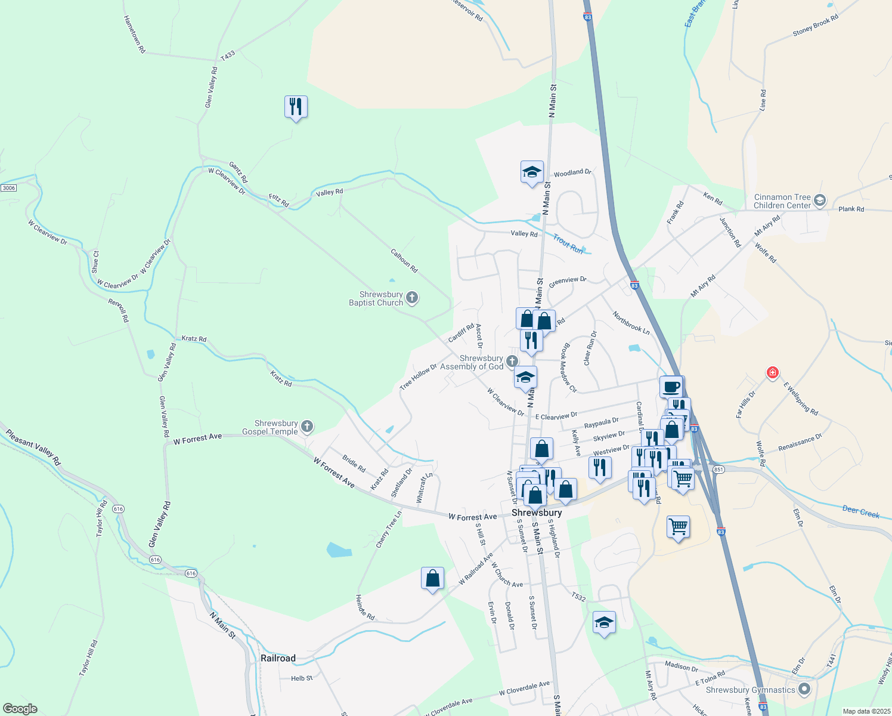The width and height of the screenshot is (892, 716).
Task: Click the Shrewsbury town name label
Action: point(537,513)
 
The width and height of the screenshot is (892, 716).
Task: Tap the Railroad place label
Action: point(278,658)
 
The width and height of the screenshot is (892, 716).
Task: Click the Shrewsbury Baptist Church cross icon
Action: point(412,298)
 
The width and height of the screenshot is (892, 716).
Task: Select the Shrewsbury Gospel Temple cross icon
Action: point(306,426)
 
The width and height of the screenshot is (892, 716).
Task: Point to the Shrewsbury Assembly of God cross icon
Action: point(512,361)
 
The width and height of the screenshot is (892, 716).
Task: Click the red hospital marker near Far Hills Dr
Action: point(773,373)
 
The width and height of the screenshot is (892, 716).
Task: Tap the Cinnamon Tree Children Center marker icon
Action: point(820,200)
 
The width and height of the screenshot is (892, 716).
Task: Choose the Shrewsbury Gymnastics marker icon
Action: point(804,689)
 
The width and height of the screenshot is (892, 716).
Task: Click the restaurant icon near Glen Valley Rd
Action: point(296,107)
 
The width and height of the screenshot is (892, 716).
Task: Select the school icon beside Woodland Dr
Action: point(532,172)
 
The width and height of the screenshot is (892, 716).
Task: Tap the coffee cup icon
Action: point(671,387)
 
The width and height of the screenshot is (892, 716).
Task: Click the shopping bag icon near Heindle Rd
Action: point(432,578)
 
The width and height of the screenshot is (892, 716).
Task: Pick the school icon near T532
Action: point(604,622)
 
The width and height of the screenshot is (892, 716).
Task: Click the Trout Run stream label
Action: point(568,244)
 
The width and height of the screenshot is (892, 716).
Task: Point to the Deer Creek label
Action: point(861,511)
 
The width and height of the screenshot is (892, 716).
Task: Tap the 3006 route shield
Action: point(8,188)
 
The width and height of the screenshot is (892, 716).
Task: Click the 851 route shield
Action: point(718,470)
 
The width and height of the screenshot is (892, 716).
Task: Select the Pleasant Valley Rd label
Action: point(33,447)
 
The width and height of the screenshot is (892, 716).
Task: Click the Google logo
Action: point(20,709)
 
